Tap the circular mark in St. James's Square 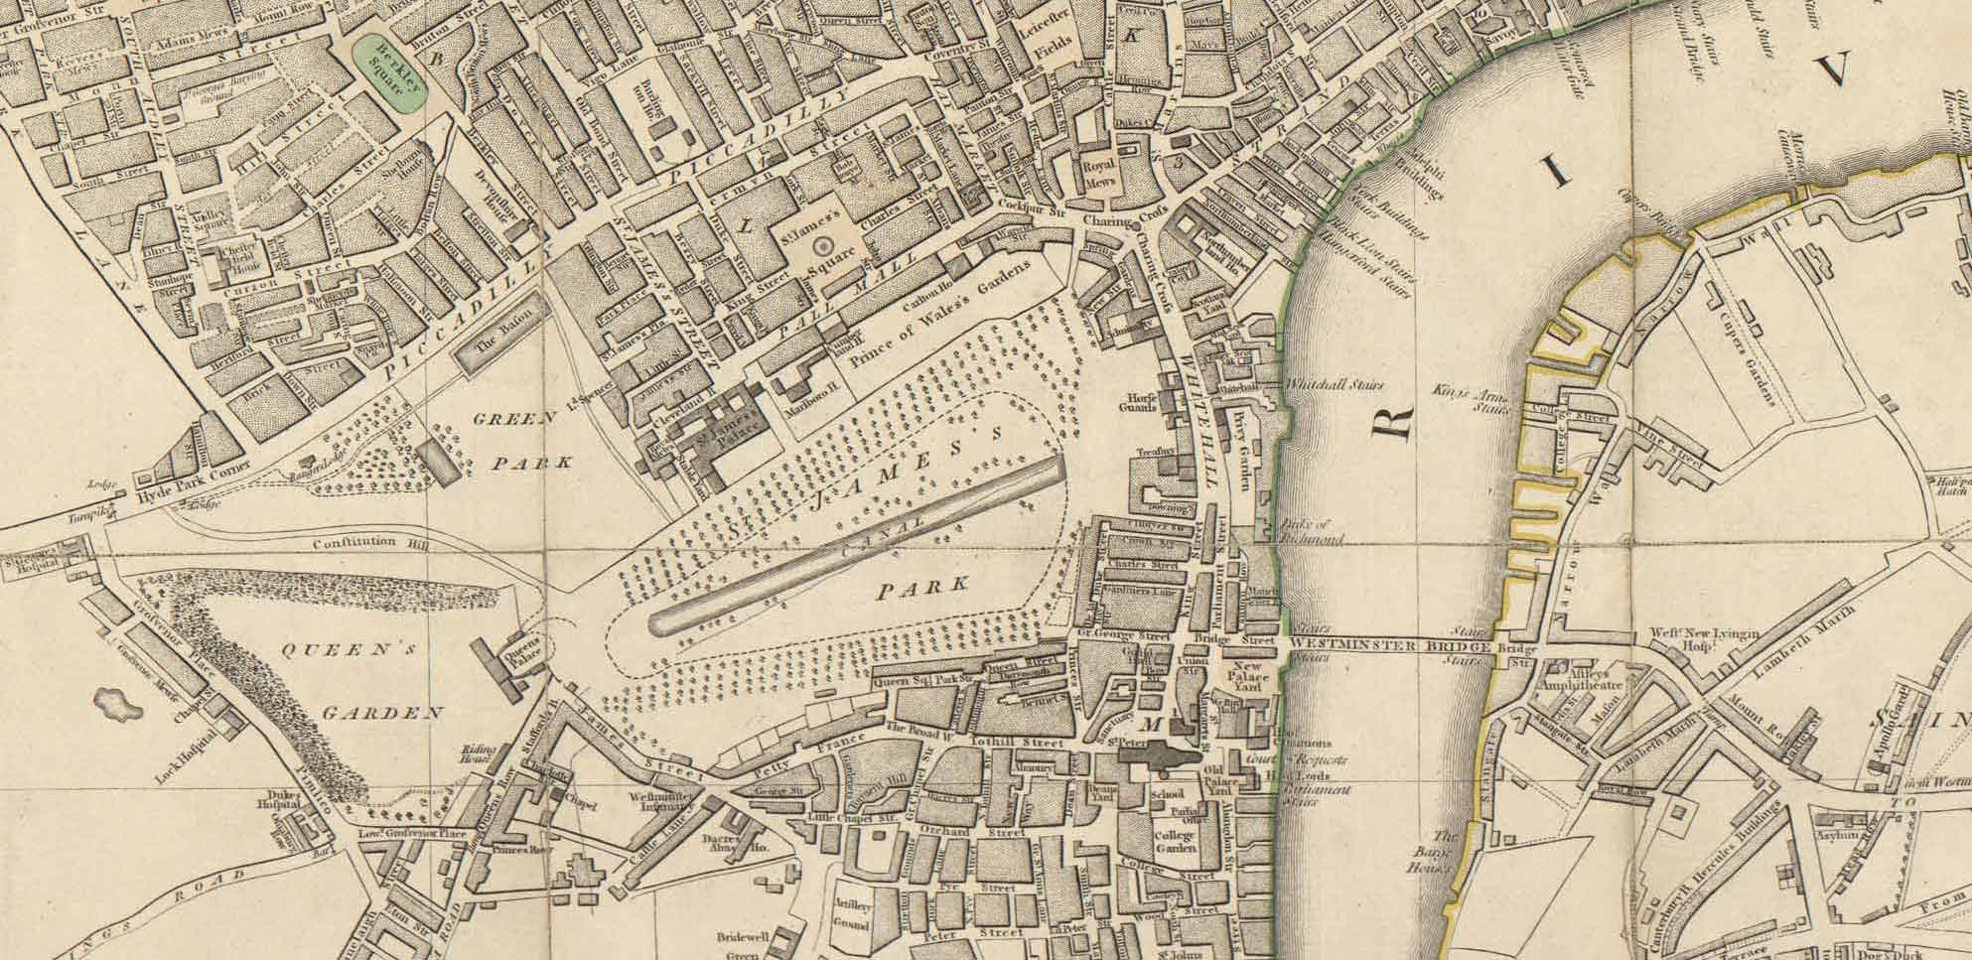coord(822,244)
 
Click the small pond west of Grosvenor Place coord(115,703)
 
